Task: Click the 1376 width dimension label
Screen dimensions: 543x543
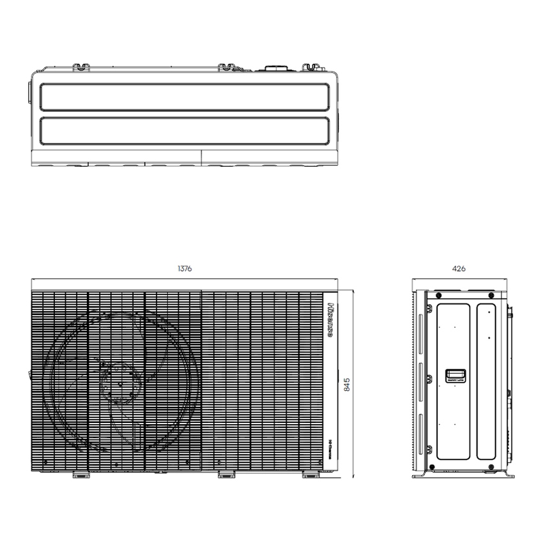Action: coord(185,269)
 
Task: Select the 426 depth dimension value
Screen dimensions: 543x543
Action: coord(459,269)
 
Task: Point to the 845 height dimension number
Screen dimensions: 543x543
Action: coord(347,384)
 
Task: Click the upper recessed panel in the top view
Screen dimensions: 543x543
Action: coord(185,97)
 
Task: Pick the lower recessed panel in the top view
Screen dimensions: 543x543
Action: coord(185,130)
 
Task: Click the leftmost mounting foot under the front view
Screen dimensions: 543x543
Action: coord(80,475)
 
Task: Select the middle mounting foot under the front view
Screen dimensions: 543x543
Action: coord(227,475)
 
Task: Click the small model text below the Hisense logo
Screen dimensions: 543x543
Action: coord(331,436)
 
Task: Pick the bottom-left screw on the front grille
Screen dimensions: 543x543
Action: coord(46,462)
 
